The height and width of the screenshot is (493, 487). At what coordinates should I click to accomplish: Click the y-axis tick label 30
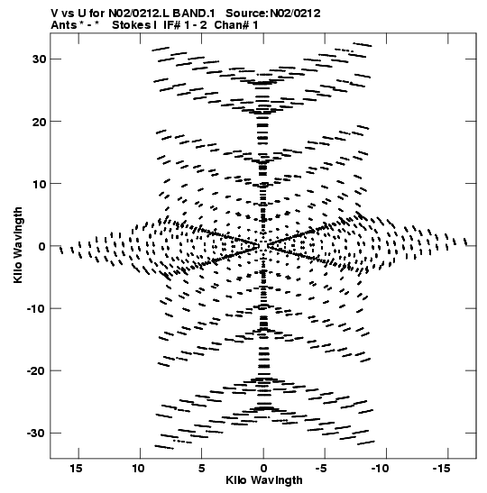(39, 59)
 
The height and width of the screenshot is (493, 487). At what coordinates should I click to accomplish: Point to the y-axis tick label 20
(39, 122)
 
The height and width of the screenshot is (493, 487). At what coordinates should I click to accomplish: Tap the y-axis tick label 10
(39, 184)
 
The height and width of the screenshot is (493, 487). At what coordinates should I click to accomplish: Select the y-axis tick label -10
(36, 309)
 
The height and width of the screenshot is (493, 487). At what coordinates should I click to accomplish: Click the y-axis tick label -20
(36, 371)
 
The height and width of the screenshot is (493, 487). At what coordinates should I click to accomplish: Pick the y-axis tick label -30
(36, 434)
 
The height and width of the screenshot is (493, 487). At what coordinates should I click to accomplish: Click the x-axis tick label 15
(76, 469)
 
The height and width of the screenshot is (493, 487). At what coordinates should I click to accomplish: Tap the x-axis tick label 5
(202, 469)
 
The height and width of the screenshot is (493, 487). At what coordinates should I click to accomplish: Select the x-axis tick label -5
(321, 469)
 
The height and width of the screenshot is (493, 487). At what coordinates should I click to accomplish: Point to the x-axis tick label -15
(441, 469)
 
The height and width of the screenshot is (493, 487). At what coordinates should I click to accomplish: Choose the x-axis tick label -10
(380, 469)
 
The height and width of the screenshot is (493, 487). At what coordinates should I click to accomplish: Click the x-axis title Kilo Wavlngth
(264, 480)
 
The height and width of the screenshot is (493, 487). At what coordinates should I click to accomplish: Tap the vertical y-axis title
(18, 245)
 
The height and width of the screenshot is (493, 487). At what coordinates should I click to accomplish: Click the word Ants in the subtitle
(63, 25)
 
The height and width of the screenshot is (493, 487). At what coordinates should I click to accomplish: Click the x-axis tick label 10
(138, 469)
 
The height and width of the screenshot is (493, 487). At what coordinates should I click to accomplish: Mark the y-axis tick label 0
(42, 247)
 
